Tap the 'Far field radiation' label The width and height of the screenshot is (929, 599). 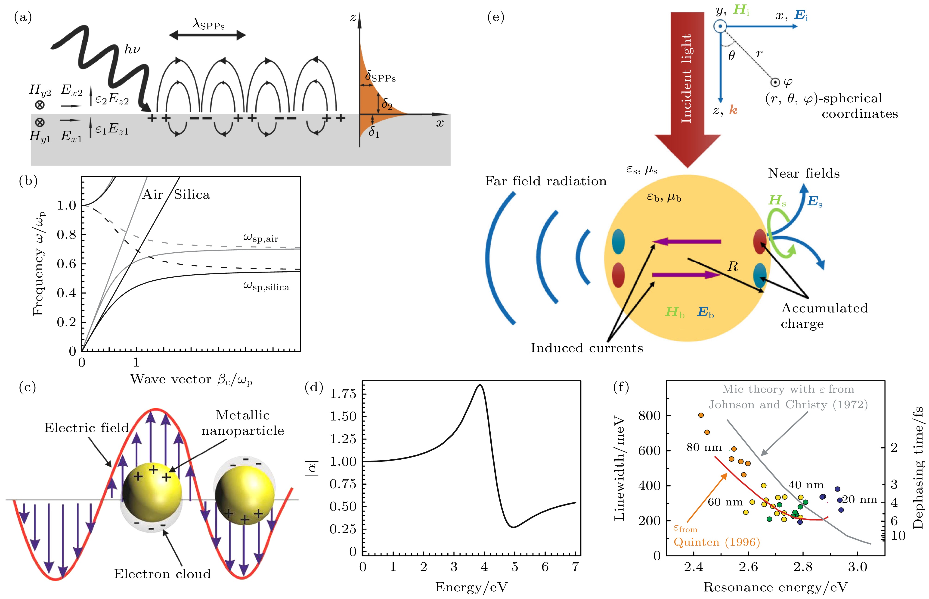(x=545, y=181)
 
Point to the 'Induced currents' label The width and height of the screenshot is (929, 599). (x=587, y=348)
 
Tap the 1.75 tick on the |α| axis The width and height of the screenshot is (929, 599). (x=343, y=394)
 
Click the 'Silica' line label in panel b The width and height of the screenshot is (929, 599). (x=192, y=194)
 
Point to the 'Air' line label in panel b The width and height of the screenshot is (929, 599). (x=152, y=194)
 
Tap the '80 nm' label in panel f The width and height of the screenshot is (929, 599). (x=704, y=448)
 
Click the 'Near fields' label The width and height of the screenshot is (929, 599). (x=803, y=173)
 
